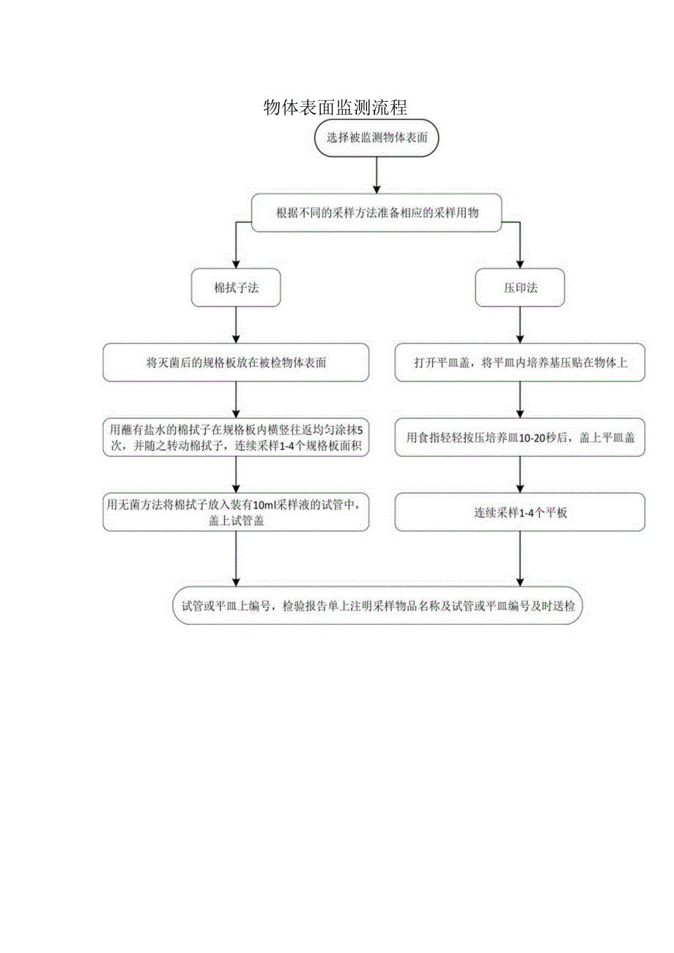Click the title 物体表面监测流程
coord(335,108)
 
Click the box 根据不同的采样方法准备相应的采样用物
coord(377,212)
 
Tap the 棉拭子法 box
coord(236,288)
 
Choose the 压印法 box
coord(520,288)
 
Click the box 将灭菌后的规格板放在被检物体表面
coord(236,363)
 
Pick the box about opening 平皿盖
coord(520,363)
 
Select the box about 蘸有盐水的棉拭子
coord(236,437)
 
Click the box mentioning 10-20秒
coord(520,437)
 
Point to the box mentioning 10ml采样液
coord(236,511)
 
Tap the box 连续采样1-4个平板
coord(520,512)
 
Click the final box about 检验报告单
coord(378,606)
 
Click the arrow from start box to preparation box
coord(377,175)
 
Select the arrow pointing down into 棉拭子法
coord(236,253)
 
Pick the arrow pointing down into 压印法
coord(520,253)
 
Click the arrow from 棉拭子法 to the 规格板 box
coord(236,325)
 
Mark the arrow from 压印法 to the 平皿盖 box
coord(520,325)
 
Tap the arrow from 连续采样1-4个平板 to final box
coord(520,558)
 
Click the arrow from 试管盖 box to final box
coord(236,558)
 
